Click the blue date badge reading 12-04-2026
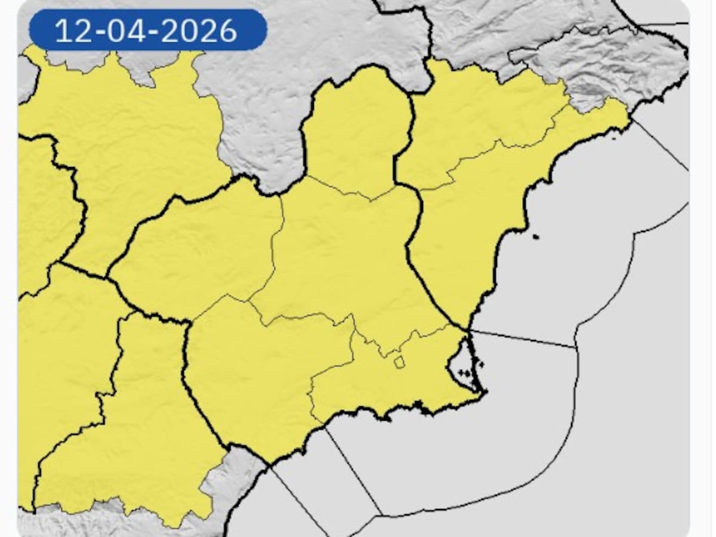[147, 30]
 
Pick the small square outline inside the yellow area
[399, 362]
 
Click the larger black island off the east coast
[535, 237]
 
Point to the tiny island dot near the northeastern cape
[615, 138]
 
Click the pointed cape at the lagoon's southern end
[484, 392]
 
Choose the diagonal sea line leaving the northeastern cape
[659, 143]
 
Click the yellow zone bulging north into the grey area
[357, 125]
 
